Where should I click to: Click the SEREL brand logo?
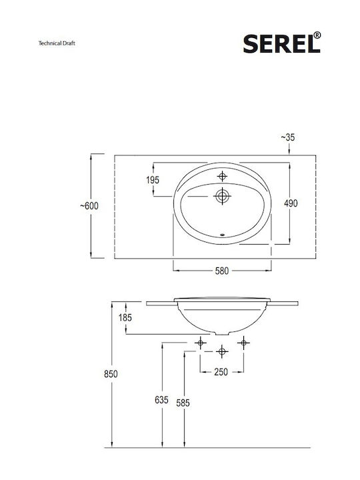(282, 43)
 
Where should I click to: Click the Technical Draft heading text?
(57, 43)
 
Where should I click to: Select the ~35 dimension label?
(288, 137)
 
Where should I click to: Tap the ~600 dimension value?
(89, 206)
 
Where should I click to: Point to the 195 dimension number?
(153, 180)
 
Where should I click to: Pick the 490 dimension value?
(291, 203)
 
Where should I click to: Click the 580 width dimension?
(221, 271)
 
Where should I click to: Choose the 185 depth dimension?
(125, 318)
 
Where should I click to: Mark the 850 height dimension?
(111, 374)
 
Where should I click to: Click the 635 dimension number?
(161, 400)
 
